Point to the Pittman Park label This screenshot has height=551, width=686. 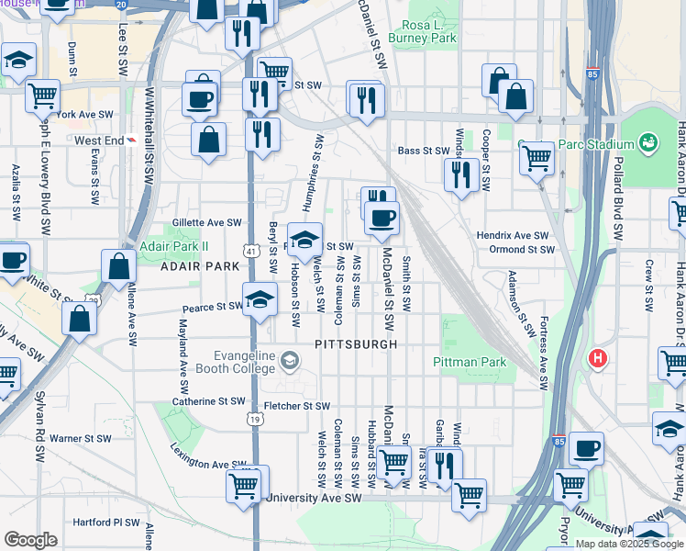tap(470, 362)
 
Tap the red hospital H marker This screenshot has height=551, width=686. tap(599, 357)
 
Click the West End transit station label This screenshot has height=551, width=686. tap(99, 141)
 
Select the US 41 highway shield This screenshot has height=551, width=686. tap(250, 249)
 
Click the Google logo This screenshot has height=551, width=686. tap(30, 540)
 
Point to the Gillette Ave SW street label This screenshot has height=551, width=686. tap(207, 222)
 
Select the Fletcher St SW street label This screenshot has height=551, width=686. tap(296, 405)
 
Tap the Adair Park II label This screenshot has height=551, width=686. tap(174, 245)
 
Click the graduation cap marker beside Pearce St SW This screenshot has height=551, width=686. tap(260, 299)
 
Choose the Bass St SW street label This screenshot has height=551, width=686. tap(421, 151)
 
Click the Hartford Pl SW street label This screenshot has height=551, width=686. tap(106, 523)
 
